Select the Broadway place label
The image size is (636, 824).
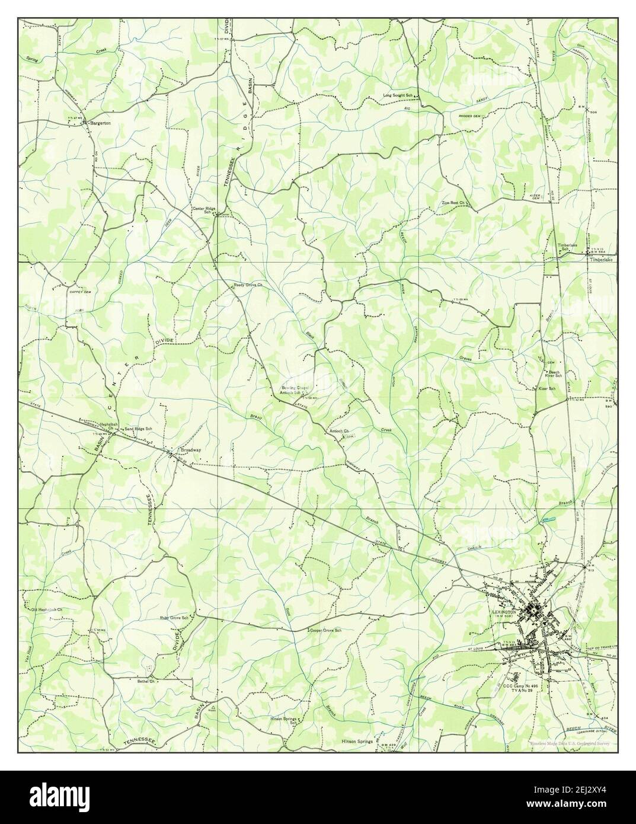click(x=189, y=450)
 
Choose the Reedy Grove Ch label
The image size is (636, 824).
click(x=248, y=285)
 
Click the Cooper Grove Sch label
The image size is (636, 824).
click(x=326, y=631)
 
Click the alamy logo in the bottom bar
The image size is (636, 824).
click(x=317, y=797)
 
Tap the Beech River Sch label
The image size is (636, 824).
click(x=554, y=373)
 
